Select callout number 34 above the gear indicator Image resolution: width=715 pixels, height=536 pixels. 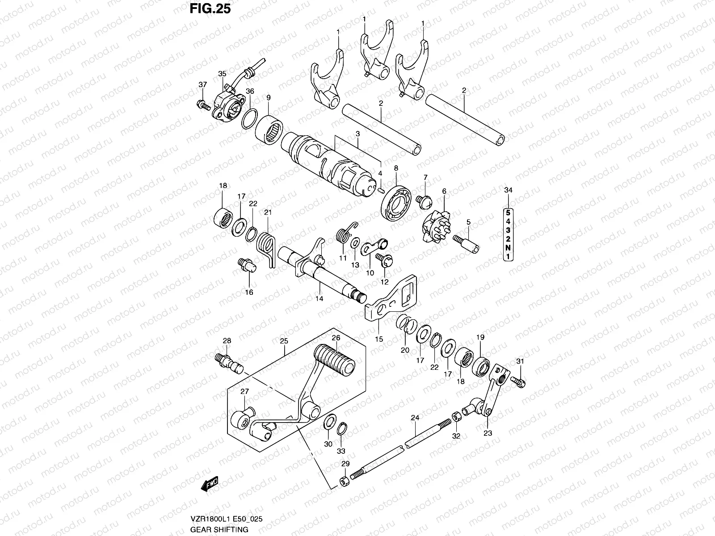(509, 191)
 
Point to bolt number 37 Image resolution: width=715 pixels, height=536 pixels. (204, 105)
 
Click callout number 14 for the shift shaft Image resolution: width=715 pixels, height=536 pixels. (319, 298)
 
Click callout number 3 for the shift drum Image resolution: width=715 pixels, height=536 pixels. (357, 134)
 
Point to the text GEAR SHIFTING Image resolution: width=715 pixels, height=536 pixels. (219, 530)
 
